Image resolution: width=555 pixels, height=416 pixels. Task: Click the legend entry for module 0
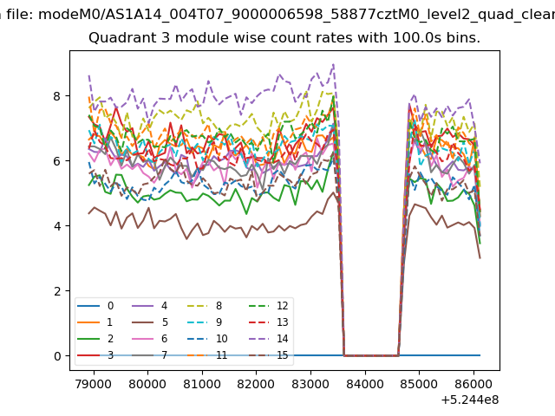(x=95, y=306)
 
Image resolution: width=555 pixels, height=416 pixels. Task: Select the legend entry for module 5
(x=150, y=322)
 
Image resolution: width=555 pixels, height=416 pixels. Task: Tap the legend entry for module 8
(x=205, y=306)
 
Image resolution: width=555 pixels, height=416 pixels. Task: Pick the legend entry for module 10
(x=207, y=339)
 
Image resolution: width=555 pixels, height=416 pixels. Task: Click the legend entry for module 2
(x=95, y=339)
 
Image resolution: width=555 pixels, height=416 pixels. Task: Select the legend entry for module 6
(x=150, y=339)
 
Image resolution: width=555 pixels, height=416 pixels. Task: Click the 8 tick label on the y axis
(x=57, y=96)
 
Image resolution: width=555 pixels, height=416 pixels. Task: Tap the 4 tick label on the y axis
(x=57, y=225)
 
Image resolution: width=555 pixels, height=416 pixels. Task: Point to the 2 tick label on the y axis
(x=57, y=291)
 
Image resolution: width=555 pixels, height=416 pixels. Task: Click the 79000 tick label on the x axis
(x=94, y=383)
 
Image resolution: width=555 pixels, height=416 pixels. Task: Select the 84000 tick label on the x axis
(x=365, y=383)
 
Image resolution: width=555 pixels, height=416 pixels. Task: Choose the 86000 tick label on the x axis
(x=473, y=383)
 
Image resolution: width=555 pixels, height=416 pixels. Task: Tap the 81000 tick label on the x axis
(x=202, y=383)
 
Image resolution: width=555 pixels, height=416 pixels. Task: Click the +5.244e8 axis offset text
(x=470, y=400)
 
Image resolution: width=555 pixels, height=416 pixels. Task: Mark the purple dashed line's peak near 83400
(x=333, y=64)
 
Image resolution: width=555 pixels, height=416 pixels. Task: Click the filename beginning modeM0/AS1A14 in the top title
(x=297, y=15)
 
